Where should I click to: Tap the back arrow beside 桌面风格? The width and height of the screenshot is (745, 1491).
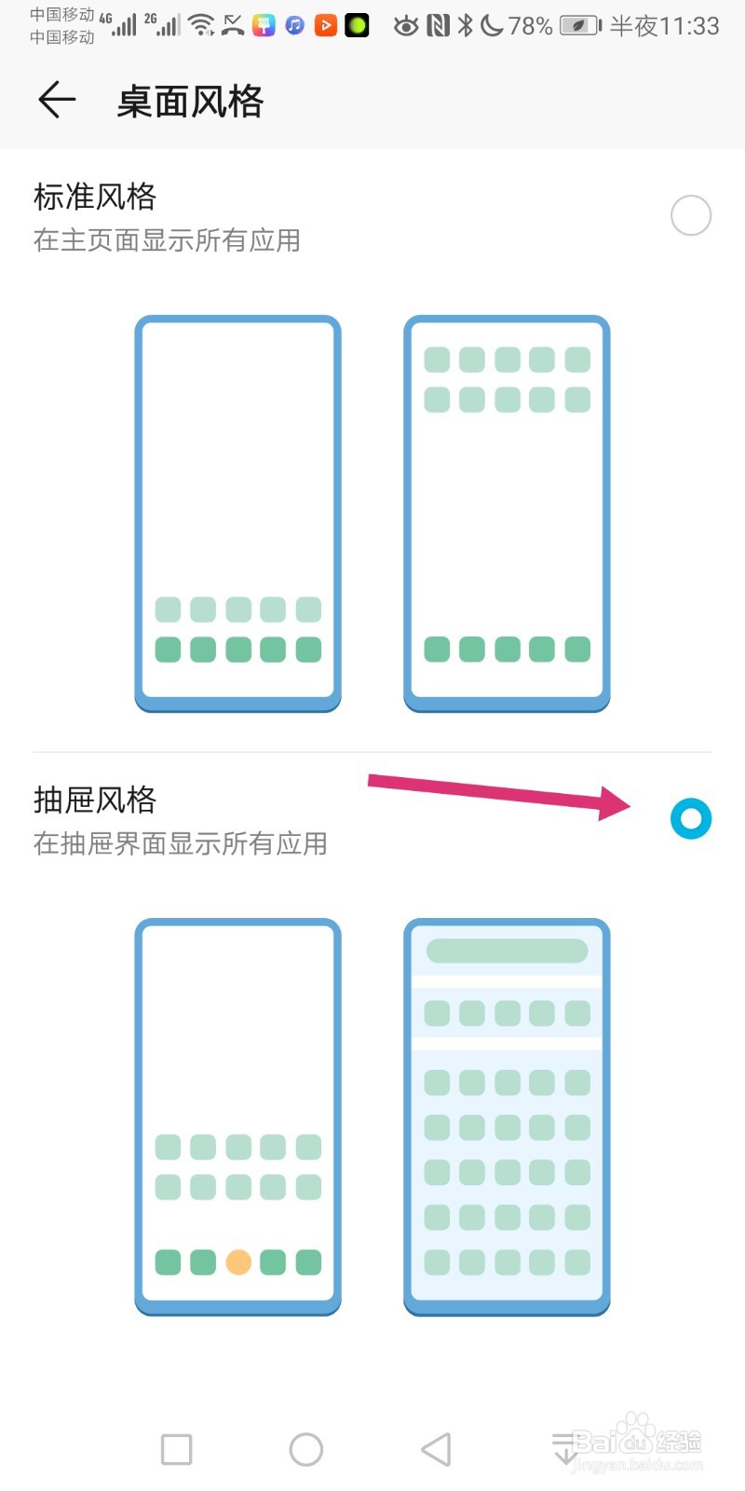tap(56, 100)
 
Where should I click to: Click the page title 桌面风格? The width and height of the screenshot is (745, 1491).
tap(190, 102)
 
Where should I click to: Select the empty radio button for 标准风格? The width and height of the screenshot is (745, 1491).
tap(691, 215)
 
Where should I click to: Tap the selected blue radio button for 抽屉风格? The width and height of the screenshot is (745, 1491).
tap(691, 819)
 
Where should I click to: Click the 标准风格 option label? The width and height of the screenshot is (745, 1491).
tap(95, 197)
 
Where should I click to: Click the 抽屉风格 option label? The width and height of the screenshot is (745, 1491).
tap(95, 800)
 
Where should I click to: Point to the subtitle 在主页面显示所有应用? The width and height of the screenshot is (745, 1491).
tap(167, 240)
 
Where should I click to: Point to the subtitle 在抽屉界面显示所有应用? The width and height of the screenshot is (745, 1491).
tap(180, 843)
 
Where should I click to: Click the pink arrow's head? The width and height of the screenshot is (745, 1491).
tap(616, 802)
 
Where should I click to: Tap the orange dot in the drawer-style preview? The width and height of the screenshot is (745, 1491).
tap(238, 1262)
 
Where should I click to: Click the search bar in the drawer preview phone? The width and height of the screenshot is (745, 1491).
tap(507, 951)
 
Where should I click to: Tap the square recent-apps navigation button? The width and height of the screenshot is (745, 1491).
tap(176, 1449)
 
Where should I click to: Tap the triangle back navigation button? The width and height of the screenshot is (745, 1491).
tap(436, 1449)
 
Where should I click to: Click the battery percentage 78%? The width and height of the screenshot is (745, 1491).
tap(530, 26)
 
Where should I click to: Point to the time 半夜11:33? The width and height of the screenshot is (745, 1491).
tap(664, 26)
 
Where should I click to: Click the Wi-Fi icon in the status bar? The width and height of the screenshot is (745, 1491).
tap(201, 25)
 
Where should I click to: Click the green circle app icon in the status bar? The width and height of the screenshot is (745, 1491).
tap(357, 25)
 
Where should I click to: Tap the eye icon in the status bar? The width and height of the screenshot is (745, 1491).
tap(405, 26)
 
